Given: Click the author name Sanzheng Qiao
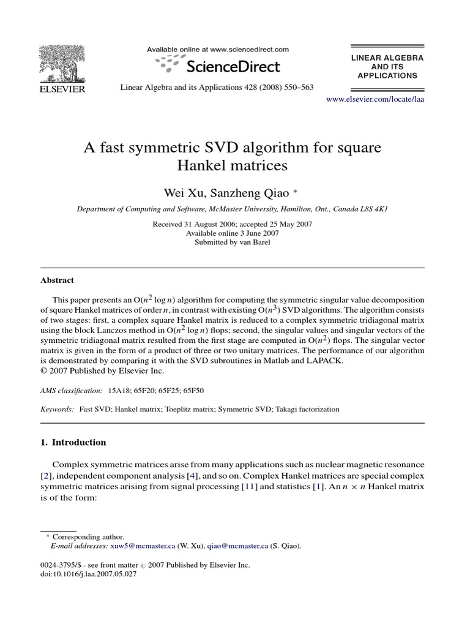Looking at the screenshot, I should [247, 192].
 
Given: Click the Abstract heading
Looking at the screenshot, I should [57, 280].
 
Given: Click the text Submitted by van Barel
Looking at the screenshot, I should [232, 242].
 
